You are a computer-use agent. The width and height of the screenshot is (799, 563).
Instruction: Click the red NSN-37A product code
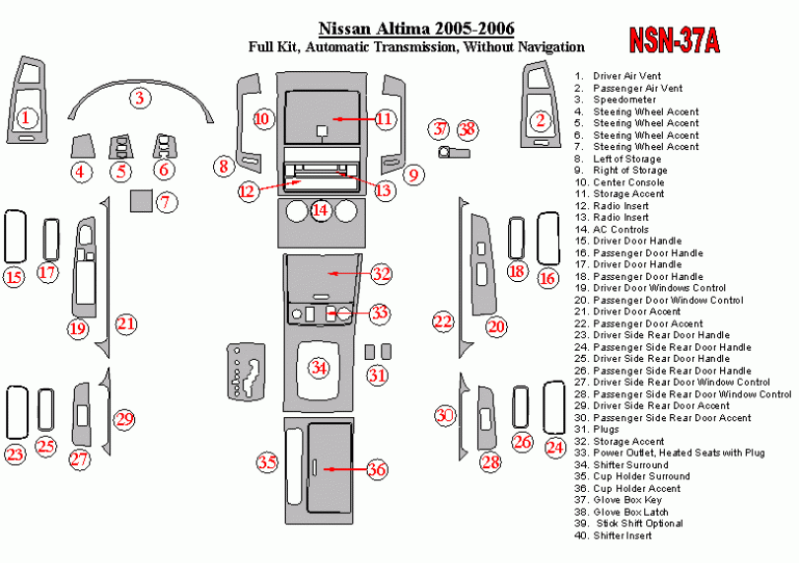[x=674, y=40]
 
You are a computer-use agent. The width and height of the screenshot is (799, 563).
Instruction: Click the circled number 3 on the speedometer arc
[x=140, y=98]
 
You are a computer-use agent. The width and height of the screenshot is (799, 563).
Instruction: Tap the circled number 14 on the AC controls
[x=320, y=210]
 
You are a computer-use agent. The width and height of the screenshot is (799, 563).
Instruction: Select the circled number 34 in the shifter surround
[x=319, y=367]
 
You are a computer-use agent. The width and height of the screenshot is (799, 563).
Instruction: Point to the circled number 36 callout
[x=377, y=469]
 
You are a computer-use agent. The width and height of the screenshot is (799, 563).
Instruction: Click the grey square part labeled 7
[x=141, y=201]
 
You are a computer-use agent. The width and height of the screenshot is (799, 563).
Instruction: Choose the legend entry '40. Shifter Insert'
[x=613, y=535]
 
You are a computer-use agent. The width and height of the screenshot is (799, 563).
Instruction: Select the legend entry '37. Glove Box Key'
[x=618, y=500]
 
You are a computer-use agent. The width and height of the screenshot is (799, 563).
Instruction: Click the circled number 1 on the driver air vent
[x=26, y=118]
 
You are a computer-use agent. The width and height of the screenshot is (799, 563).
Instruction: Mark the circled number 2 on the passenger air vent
[x=541, y=120]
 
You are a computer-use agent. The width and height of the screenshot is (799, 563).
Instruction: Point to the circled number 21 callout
[x=126, y=324]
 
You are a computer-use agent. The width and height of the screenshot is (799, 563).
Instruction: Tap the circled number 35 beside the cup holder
[x=267, y=462]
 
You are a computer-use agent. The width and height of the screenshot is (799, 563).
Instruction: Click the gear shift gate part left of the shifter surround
[x=247, y=371]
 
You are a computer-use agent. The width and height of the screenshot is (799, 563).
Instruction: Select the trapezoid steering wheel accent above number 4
[x=82, y=146]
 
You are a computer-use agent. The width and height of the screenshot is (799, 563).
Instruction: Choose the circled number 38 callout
[x=468, y=129]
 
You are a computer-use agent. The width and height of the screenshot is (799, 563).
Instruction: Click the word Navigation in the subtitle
[x=550, y=47]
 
